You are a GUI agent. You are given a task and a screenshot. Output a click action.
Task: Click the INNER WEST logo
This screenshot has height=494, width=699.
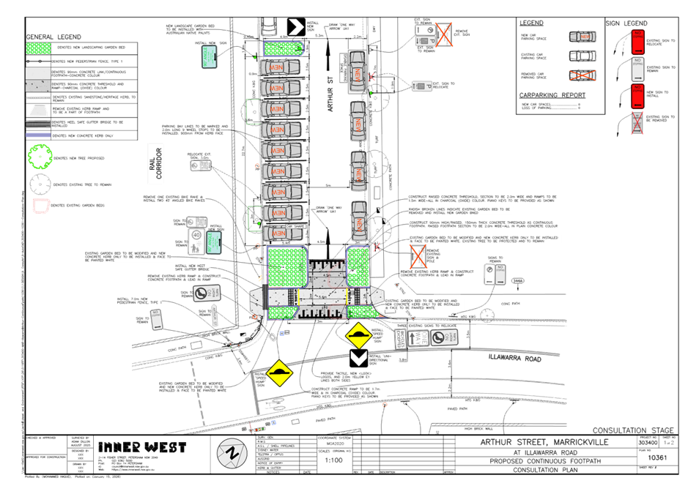142,447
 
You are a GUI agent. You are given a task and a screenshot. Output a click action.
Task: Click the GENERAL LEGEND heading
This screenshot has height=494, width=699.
54,37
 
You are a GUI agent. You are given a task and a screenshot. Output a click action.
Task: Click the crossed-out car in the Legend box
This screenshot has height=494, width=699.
582,75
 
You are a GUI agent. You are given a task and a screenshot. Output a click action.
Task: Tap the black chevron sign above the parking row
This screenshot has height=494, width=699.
295,27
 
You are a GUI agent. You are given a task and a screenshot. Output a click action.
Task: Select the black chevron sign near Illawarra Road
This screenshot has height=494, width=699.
358,358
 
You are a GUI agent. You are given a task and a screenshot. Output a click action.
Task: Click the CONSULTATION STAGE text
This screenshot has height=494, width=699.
633,430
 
